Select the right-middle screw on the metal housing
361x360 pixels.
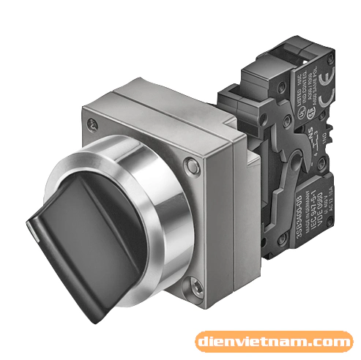click(x=191, y=168)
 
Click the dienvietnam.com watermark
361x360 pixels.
click(x=273, y=341)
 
